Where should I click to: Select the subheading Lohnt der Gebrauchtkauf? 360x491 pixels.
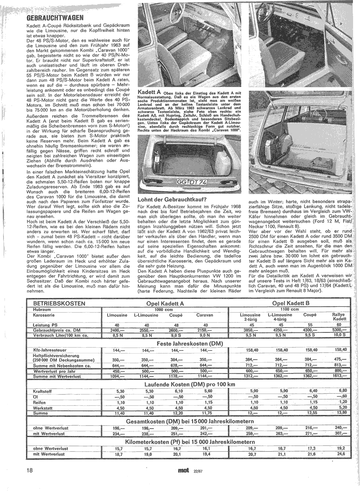[172, 200]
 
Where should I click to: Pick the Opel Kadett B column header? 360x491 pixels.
[290, 303]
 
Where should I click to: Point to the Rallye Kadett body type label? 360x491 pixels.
[339, 317]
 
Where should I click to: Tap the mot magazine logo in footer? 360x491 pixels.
[183, 471]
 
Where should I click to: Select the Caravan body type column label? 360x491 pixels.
[205, 315]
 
